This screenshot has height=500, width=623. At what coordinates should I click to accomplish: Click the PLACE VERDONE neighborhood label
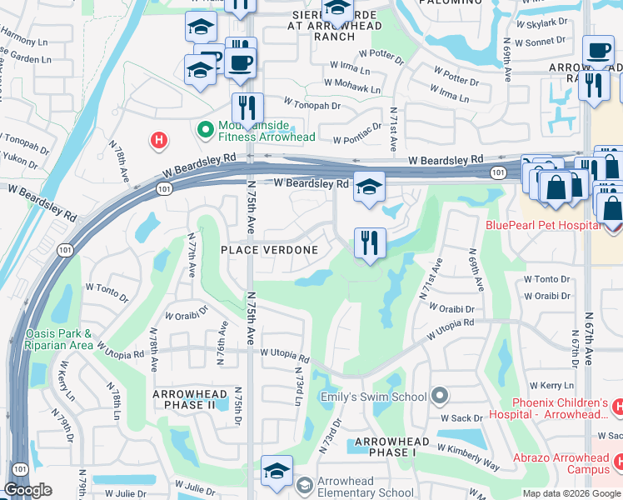(x=269, y=250)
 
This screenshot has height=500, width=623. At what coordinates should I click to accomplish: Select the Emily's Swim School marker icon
(x=441, y=396)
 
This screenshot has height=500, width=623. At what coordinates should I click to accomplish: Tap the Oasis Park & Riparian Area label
(x=58, y=338)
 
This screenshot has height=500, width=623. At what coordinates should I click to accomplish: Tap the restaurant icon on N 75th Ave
(x=247, y=108)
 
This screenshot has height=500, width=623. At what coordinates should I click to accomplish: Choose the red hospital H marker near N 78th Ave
(x=158, y=141)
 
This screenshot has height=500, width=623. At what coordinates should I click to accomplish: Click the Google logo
(x=27, y=490)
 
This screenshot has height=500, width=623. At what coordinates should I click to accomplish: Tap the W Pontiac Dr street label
(x=356, y=134)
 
